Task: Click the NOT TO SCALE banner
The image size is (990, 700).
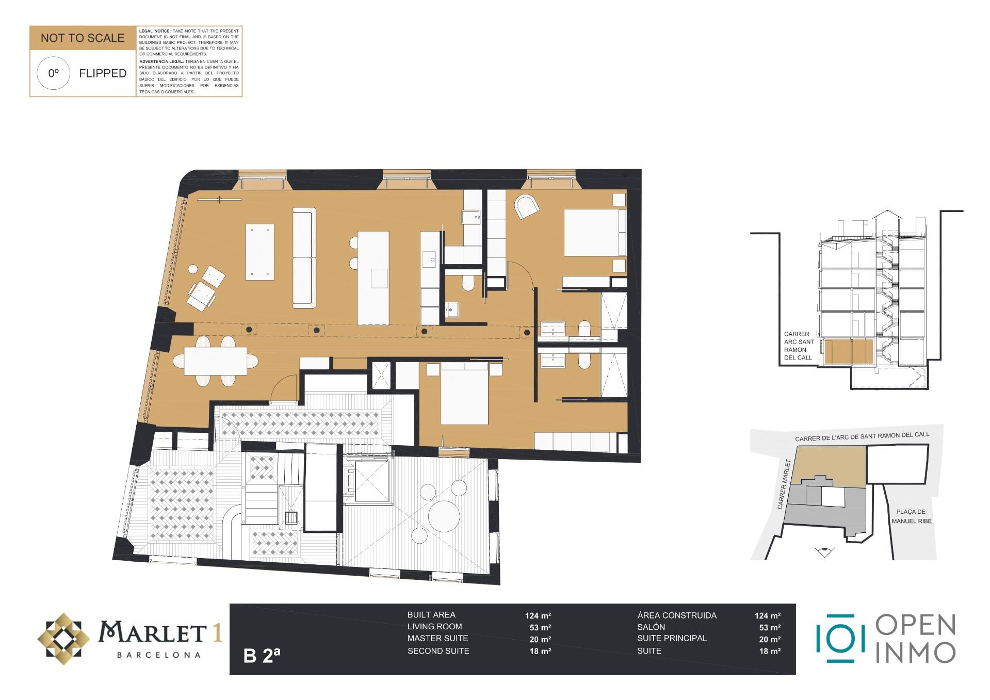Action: pyautogui.click(x=83, y=38)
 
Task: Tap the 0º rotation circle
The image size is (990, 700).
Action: pyautogui.click(x=54, y=73)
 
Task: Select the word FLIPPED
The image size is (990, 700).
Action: pyautogui.click(x=103, y=73)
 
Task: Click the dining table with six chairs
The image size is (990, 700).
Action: pyautogui.click(x=216, y=361)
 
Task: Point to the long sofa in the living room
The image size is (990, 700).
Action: pyautogui.click(x=304, y=258)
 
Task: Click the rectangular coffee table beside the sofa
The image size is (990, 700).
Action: pyautogui.click(x=259, y=252)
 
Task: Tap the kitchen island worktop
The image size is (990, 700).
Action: pyautogui.click(x=373, y=278)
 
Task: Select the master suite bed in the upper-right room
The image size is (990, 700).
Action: pyautogui.click(x=595, y=232)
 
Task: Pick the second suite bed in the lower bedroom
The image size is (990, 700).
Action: pyautogui.click(x=464, y=393)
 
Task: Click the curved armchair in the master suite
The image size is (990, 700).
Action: pyautogui.click(x=527, y=206)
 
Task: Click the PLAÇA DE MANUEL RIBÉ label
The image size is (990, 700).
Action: pyautogui.click(x=911, y=516)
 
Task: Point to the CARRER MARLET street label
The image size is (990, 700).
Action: pyautogui.click(x=784, y=484)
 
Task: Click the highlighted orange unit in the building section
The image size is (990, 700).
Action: pyautogui.click(x=849, y=352)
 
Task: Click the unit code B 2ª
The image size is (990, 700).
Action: pyautogui.click(x=262, y=655)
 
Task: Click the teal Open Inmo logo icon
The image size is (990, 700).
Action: pyautogui.click(x=840, y=639)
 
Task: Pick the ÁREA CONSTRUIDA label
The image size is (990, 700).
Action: pyautogui.click(x=677, y=615)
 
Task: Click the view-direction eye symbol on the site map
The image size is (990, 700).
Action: pyautogui.click(x=824, y=552)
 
